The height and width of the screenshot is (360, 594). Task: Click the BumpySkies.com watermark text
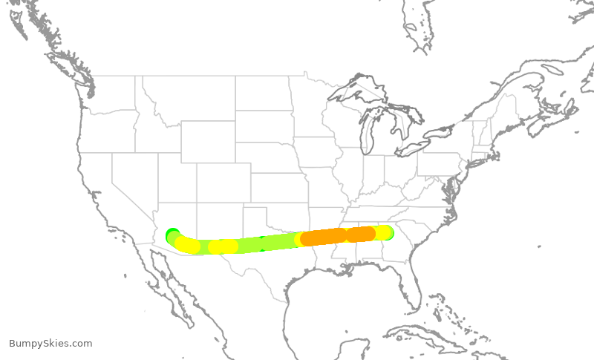pyautogui.click(x=50, y=343)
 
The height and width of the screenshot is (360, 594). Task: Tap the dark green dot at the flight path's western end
pyautogui.click(x=172, y=234)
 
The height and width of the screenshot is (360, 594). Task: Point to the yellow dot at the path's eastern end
pyautogui.click(x=382, y=232)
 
